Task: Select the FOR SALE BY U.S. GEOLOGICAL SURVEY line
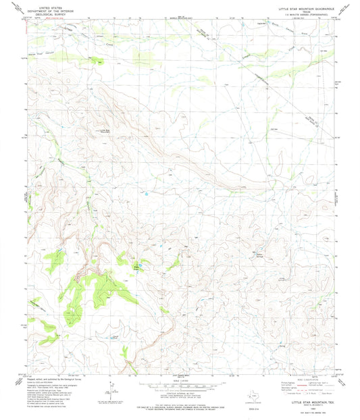tap(182, 407)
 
